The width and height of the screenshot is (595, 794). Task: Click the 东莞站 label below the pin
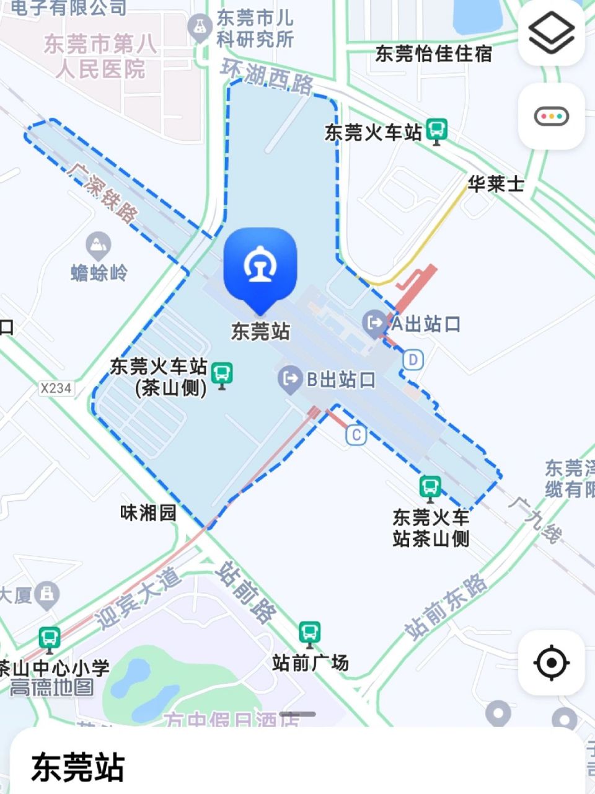(260, 331)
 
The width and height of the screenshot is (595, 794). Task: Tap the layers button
(551, 32)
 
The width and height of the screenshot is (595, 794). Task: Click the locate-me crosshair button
(551, 662)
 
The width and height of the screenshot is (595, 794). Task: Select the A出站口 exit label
(425, 323)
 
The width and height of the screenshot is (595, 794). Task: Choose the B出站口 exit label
(341, 379)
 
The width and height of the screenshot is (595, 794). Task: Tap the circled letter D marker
(413, 360)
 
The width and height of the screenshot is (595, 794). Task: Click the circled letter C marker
(356, 435)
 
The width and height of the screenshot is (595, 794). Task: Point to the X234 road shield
(56, 388)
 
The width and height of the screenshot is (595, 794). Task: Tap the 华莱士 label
(496, 184)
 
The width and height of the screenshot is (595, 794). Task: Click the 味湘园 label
(148, 513)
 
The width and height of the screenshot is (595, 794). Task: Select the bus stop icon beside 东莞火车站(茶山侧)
(221, 374)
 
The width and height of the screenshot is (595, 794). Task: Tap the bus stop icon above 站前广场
(309, 633)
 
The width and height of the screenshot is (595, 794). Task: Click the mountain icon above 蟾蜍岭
(98, 246)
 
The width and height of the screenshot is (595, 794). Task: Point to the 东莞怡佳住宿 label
(433, 54)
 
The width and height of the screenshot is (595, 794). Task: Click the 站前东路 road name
(446, 607)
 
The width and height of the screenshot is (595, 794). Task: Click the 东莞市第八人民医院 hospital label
(100, 56)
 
